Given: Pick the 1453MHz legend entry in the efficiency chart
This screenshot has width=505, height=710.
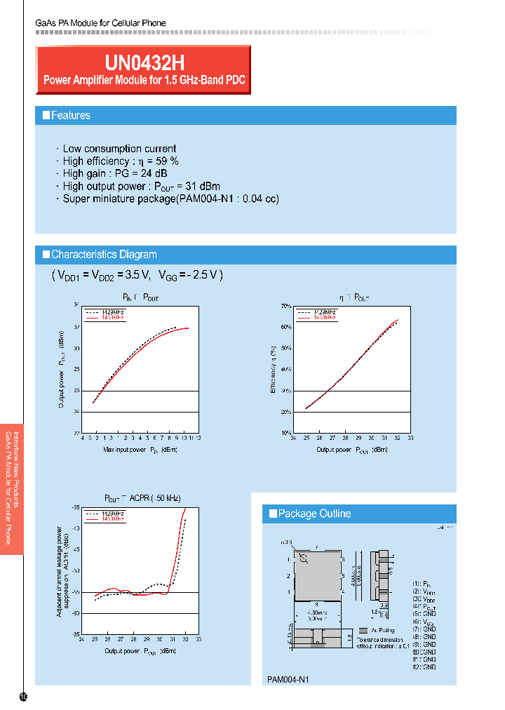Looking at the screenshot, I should pos(325,318).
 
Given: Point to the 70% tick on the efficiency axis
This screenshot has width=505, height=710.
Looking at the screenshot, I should pos(286,307).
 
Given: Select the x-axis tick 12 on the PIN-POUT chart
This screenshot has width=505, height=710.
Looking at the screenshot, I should pos(198,438).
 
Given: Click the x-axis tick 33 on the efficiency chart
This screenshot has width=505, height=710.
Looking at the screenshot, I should pos(410,438).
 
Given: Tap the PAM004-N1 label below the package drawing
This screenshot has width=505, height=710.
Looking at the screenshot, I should pos(288,680).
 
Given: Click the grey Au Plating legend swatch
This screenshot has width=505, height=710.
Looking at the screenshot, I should pos(363,631).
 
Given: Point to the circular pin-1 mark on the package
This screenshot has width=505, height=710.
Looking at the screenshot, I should pos(303,558).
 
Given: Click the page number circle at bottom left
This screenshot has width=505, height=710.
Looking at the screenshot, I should pos(23,697).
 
